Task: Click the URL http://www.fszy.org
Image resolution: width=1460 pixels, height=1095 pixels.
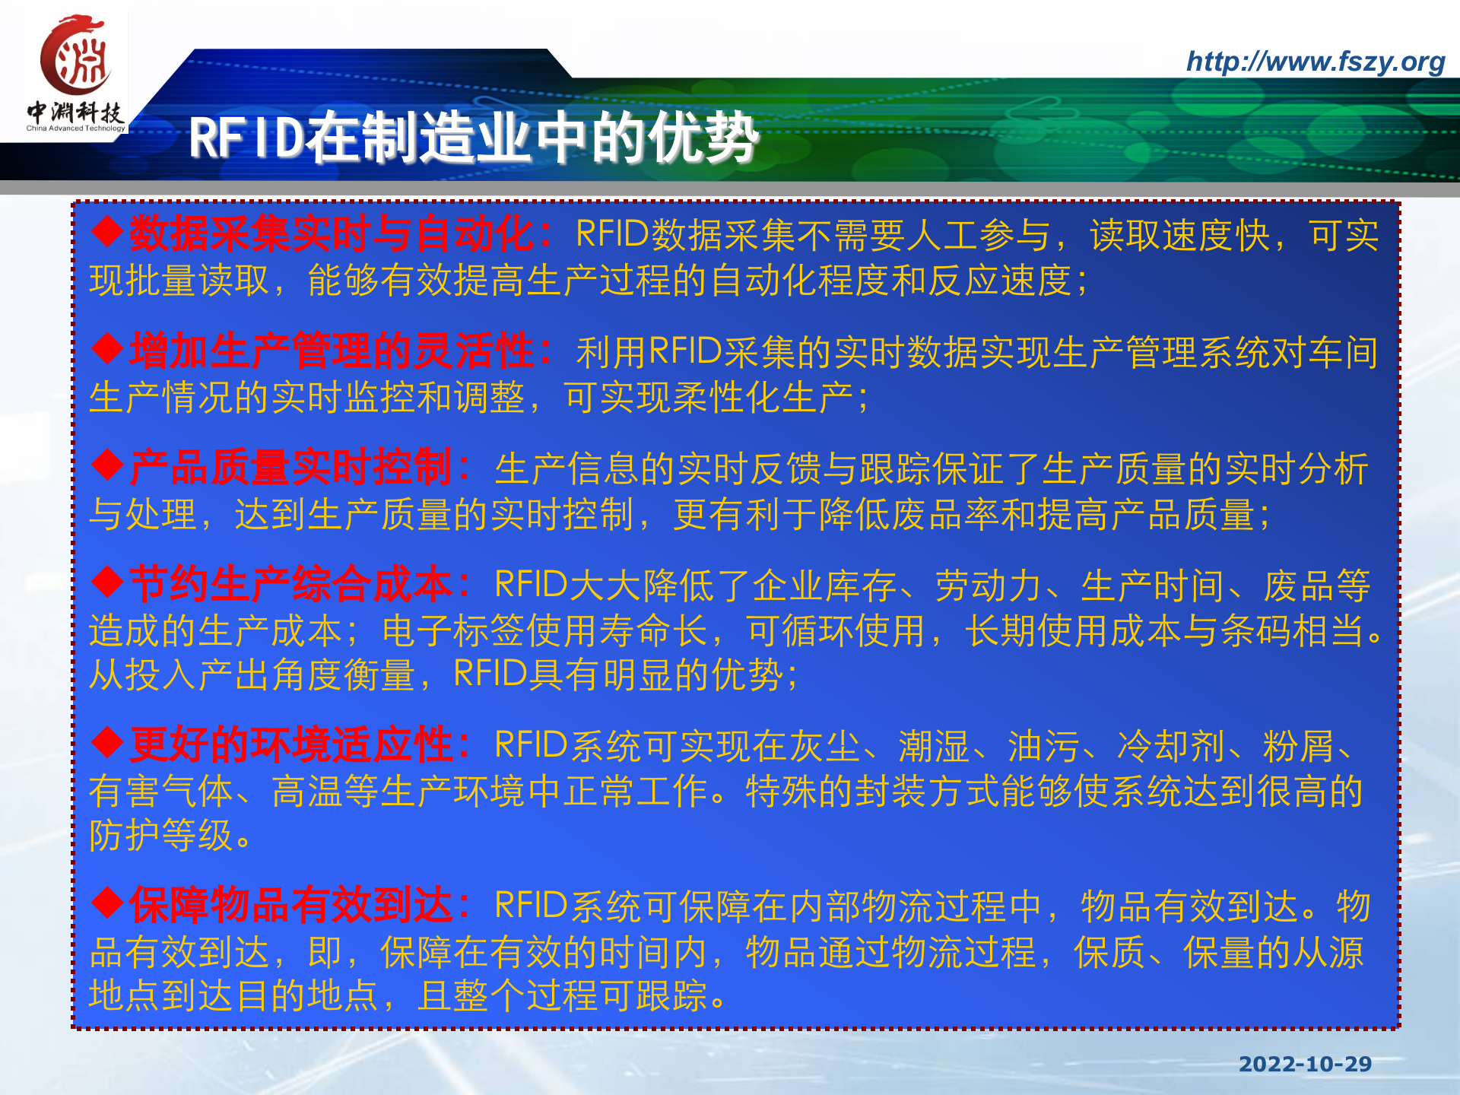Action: pyautogui.click(x=1315, y=62)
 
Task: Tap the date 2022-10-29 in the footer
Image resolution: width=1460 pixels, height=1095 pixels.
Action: pyautogui.click(x=1305, y=1064)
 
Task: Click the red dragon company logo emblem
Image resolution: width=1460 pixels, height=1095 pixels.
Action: pyautogui.click(x=76, y=57)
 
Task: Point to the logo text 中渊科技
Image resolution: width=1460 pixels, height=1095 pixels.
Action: pyautogui.click(x=75, y=113)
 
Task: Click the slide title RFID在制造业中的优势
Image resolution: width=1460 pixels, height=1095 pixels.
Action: pyautogui.click(x=473, y=138)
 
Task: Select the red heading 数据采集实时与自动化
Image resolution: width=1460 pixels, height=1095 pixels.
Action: pyautogui.click(x=331, y=233)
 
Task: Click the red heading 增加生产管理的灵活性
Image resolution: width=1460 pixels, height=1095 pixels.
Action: pyautogui.click(x=331, y=351)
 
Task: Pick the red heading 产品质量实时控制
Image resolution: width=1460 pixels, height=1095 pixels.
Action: pyautogui.click(x=290, y=468)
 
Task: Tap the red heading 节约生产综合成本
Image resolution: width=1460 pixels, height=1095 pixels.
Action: pyautogui.click(x=290, y=585)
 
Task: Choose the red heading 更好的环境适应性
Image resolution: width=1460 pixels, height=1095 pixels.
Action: pyautogui.click(x=290, y=744)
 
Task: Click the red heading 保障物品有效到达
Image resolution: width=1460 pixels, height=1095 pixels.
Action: pyautogui.click(x=290, y=905)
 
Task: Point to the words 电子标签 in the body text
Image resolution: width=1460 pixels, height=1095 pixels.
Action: pyautogui.click(x=454, y=630)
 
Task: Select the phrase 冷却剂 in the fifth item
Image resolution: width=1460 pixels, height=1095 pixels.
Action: pyautogui.click(x=1170, y=746)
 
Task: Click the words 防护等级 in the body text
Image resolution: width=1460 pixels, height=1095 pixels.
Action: pyautogui.click(x=161, y=836)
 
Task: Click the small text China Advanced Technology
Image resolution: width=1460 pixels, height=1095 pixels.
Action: pyautogui.click(x=75, y=129)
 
